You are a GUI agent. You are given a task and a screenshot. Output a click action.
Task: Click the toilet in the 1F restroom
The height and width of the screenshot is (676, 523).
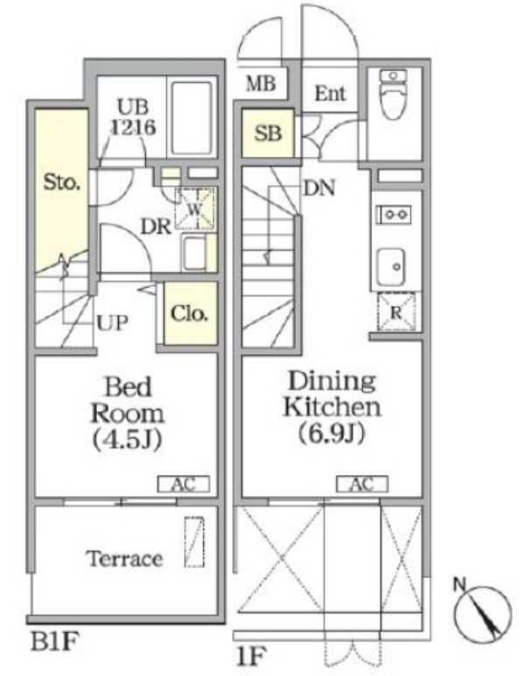394,94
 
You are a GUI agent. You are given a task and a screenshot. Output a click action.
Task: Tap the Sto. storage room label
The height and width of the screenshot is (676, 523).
62,182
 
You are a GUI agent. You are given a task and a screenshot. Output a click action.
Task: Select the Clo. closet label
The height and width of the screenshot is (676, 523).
189,313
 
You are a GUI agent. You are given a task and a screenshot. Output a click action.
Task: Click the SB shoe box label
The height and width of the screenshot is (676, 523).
268,133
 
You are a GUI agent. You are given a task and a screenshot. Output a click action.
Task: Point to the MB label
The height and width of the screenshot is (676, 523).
261,83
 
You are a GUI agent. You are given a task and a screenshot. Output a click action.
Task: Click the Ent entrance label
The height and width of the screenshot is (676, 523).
330,93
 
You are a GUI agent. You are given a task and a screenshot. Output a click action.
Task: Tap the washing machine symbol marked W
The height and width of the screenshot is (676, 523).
195,209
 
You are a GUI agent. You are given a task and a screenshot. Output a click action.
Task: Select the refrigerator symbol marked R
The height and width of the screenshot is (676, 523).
396,312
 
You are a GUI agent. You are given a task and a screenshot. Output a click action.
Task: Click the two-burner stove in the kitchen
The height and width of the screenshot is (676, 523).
394,214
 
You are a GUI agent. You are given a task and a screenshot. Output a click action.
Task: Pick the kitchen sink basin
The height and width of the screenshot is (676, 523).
391,268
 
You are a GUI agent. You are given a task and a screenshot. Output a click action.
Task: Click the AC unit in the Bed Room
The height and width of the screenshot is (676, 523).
184,484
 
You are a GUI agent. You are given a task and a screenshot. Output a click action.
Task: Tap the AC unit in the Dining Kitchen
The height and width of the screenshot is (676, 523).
362,484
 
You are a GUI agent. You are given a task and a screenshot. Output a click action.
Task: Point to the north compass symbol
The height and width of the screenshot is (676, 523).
483,612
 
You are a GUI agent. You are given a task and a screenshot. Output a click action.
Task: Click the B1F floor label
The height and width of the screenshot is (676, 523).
55,642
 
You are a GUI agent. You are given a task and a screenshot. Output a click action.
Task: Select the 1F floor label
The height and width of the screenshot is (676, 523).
250,656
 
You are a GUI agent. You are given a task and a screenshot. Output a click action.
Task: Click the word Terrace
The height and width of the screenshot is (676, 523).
124,559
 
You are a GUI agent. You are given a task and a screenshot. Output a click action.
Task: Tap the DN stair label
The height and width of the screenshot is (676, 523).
319,188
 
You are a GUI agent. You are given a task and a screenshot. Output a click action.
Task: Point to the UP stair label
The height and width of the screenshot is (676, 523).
113,322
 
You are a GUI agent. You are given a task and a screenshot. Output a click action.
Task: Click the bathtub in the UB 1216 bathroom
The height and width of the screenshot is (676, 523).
192,118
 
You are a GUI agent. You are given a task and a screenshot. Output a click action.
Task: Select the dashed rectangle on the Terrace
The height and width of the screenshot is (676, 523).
194,542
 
